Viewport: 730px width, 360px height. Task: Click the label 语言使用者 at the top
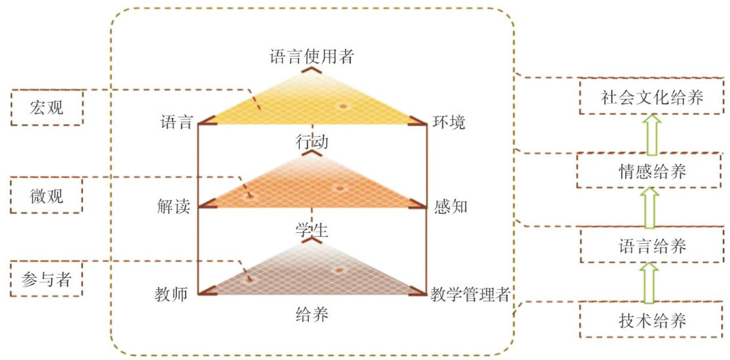[x=312, y=56]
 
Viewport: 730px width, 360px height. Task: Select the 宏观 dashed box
[x=47, y=108]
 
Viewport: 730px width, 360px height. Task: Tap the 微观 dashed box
[x=47, y=195]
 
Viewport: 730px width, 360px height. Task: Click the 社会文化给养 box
[x=651, y=98]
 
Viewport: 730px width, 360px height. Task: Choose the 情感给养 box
[x=651, y=172]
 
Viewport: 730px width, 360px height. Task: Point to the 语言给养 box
[x=651, y=247]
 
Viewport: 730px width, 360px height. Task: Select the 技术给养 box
[x=651, y=321]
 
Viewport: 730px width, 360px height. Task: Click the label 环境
[x=448, y=122]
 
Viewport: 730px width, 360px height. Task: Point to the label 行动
[x=312, y=141]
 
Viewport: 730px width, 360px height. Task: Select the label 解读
[x=173, y=207]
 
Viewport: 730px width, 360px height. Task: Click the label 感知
[x=451, y=207]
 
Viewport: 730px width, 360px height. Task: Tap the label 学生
[x=312, y=230]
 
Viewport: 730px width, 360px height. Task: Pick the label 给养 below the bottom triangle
[x=312, y=315]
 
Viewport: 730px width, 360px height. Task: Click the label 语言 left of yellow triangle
[x=176, y=122]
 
